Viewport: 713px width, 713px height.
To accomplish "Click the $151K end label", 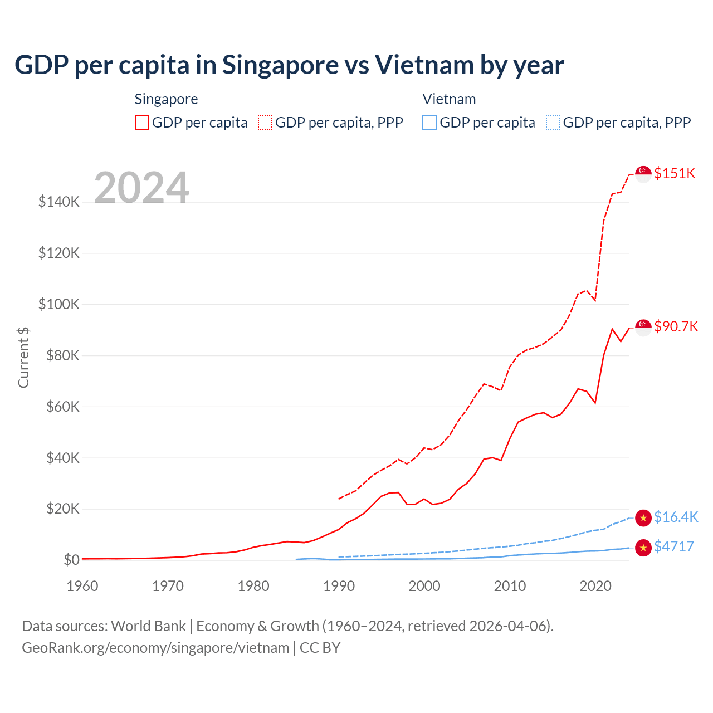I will click(675, 173).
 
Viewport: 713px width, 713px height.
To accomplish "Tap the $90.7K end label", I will click(676, 326).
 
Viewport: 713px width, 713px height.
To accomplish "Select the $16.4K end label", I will click(676, 517).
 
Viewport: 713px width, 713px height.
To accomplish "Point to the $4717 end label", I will click(674, 546).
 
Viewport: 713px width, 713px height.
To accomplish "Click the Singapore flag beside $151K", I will click(643, 174).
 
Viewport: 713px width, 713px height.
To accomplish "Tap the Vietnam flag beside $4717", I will click(643, 548).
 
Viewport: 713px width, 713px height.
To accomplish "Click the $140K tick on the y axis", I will click(59, 202).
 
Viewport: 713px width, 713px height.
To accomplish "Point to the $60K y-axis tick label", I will click(59, 407).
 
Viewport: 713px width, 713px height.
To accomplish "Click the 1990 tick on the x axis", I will click(339, 586).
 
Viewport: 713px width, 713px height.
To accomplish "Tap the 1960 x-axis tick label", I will click(82, 586).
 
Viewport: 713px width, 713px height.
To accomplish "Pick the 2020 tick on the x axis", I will click(595, 586).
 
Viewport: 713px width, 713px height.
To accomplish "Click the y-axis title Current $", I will click(23, 357).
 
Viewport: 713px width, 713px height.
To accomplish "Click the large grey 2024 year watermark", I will click(141, 188).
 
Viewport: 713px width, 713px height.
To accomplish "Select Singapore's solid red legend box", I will click(142, 123).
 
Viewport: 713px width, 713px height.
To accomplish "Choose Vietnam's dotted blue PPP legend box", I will click(553, 123).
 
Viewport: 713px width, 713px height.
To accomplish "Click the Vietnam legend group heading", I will click(449, 99).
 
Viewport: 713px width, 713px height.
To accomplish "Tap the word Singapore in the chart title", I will click(280, 65).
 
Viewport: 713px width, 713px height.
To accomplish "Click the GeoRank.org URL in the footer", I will click(155, 648).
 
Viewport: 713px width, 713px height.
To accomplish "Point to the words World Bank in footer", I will click(148, 626).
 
